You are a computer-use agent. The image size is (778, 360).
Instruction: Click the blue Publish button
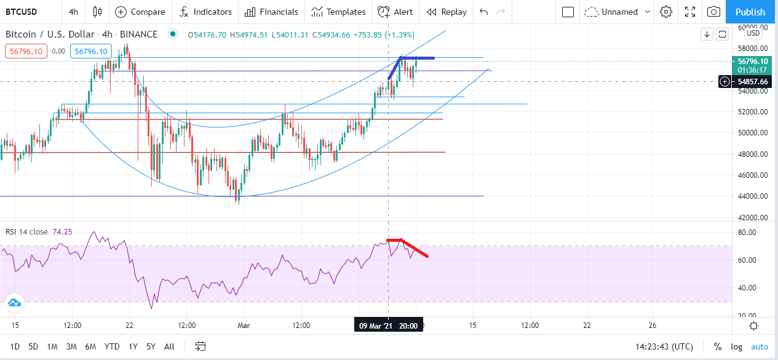750,12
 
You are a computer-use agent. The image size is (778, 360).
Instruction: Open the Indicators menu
205,12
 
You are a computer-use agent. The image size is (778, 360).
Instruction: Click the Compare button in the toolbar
140,12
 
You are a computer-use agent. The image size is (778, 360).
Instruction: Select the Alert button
395,12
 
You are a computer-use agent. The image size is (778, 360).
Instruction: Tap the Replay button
447,12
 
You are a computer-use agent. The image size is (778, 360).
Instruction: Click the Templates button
338,12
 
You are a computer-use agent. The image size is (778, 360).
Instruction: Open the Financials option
271,12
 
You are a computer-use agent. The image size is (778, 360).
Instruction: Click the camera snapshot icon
713,12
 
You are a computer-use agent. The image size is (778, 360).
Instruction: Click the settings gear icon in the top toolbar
666,12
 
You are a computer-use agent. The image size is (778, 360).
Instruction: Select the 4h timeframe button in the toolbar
73,12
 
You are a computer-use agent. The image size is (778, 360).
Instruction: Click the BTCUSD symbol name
21,12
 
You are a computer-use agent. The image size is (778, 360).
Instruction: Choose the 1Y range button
133,346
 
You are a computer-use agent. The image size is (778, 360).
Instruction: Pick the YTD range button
112,346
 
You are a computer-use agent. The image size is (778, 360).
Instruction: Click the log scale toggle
736,346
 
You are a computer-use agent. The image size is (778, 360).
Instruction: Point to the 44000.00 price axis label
753,196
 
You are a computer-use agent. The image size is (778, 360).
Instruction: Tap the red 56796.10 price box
26,52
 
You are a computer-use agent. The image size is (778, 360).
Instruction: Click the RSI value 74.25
62,232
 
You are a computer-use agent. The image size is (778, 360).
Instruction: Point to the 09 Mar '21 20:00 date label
388,326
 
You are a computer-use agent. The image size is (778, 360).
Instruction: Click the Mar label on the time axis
244,326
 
